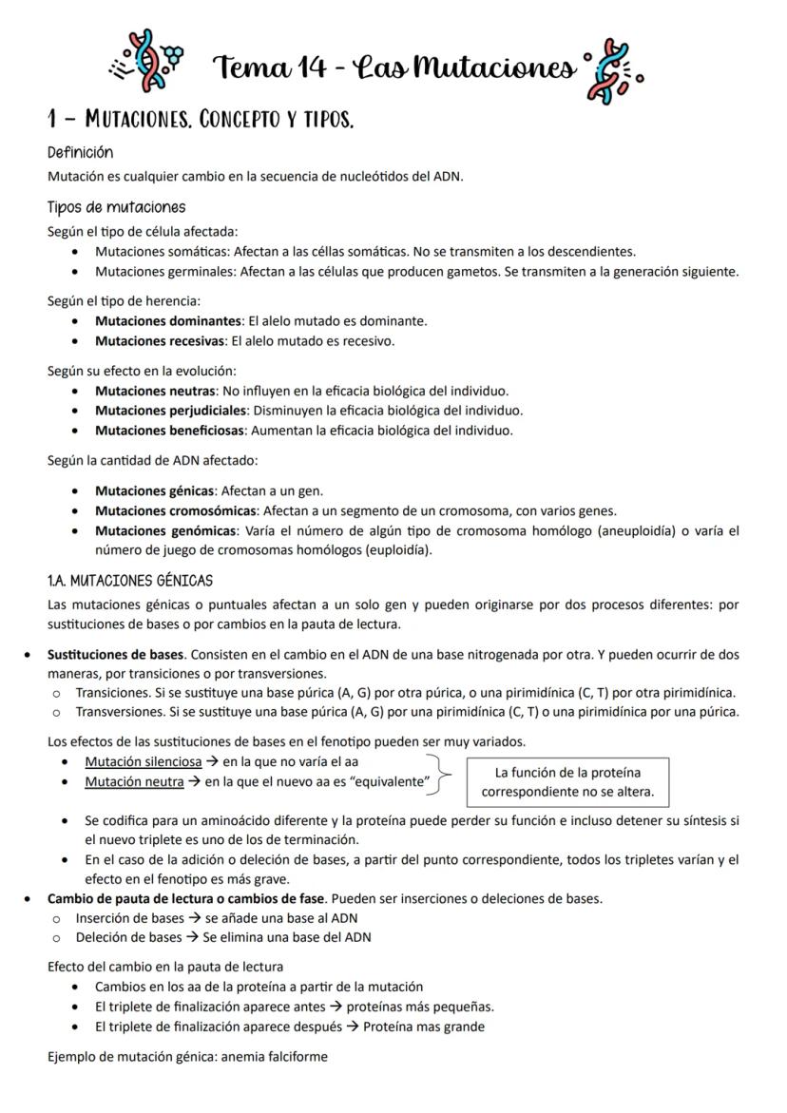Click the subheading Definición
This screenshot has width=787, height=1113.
[x=80, y=152]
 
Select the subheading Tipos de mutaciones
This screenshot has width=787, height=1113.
[x=116, y=207]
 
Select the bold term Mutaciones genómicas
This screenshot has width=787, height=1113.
[x=163, y=530]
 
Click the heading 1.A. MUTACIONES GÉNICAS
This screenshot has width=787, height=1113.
[x=130, y=580]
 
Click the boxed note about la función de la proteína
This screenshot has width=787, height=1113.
[x=567, y=781]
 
